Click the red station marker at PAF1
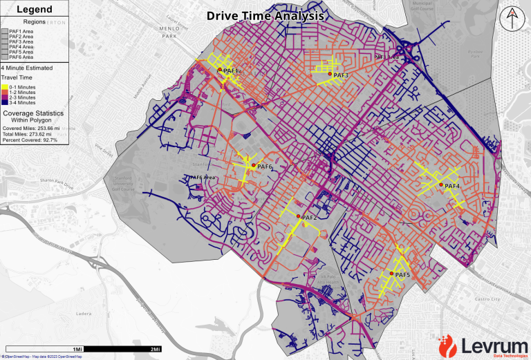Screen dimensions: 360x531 point(220,70)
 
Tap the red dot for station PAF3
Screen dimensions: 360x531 point(330,74)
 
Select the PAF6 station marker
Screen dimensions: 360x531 point(253,166)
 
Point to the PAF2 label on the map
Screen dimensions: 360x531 point(309,218)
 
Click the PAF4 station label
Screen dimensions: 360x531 point(452,186)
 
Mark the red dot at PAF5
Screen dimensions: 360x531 point(391,274)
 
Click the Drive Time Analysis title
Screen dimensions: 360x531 point(265,15)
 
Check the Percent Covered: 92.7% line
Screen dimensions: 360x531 point(30,140)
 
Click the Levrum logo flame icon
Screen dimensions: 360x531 point(447,344)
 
